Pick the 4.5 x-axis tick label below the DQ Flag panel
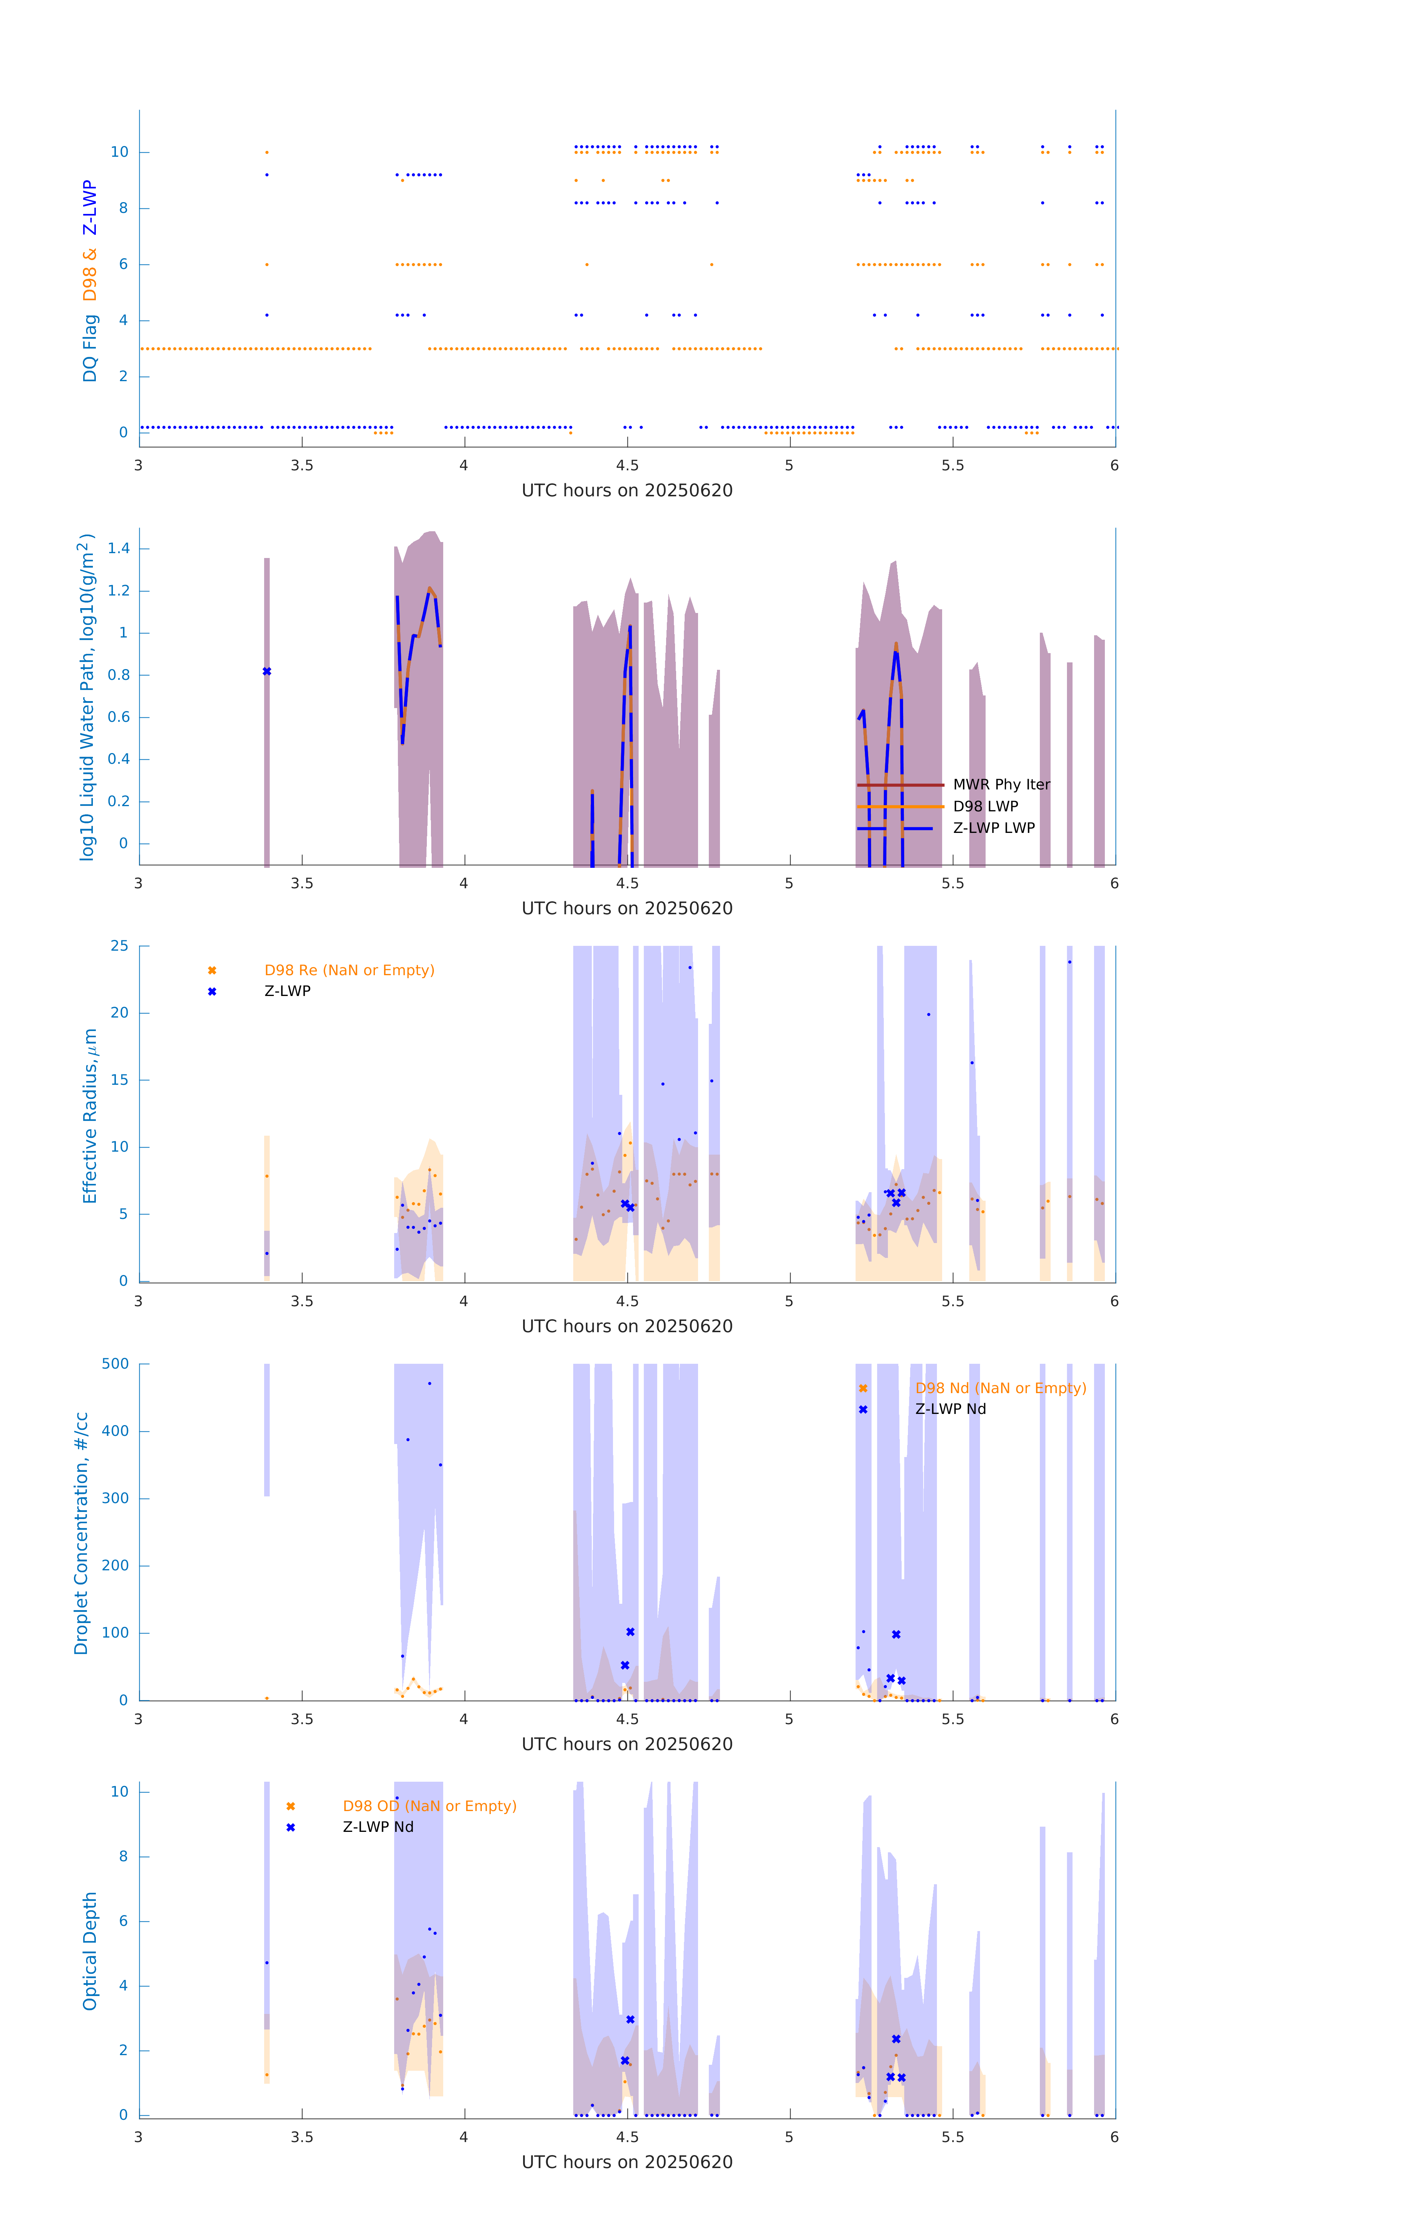(627, 465)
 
